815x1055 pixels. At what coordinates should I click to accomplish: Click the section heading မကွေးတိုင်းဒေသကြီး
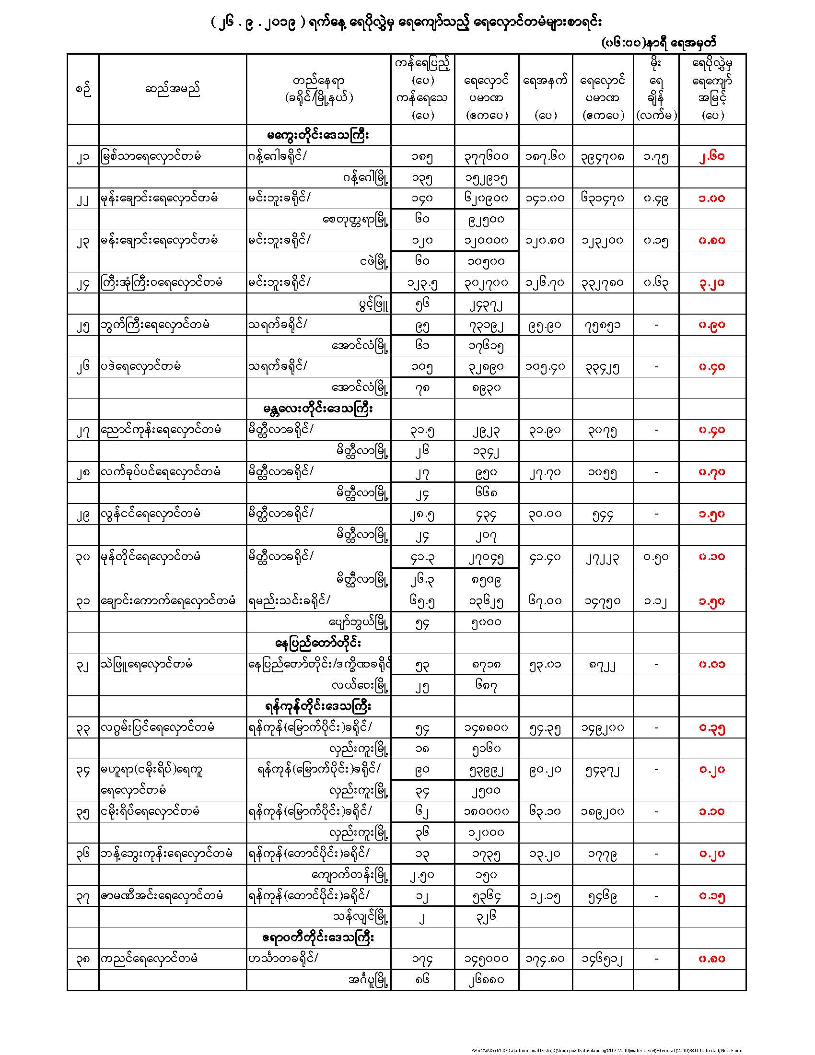click(x=318, y=136)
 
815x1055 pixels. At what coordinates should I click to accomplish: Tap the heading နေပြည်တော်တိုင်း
click(x=318, y=644)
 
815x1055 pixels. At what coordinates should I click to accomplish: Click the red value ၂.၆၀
click(x=711, y=156)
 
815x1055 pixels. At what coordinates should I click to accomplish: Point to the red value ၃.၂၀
click(x=711, y=282)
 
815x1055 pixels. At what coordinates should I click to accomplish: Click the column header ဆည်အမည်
click(x=173, y=89)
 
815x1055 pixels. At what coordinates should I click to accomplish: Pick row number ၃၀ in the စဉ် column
click(x=83, y=557)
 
